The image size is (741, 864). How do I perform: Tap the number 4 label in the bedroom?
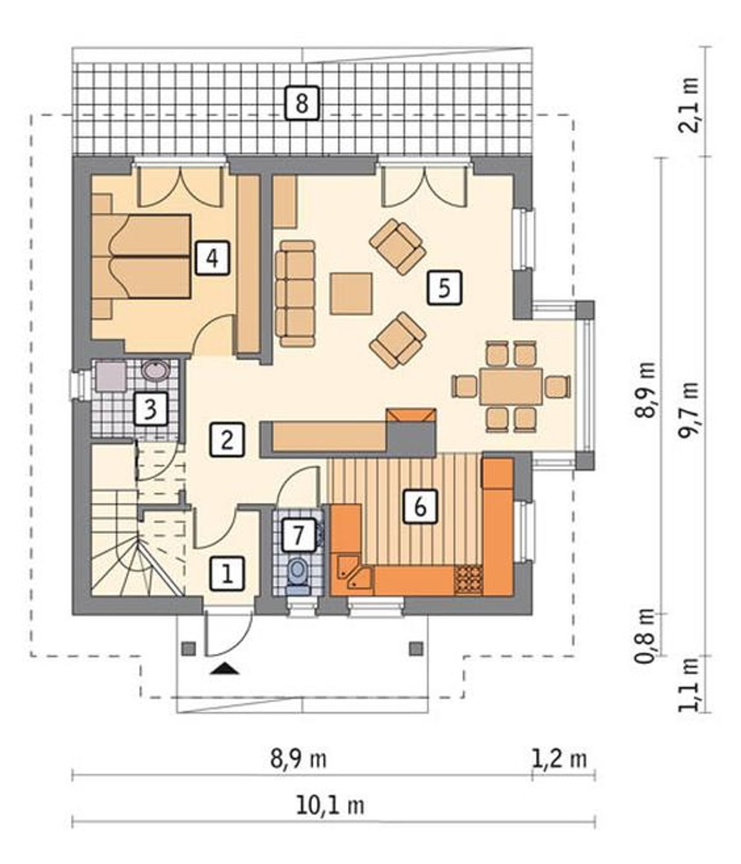[212, 258]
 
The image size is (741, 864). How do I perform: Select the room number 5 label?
[444, 287]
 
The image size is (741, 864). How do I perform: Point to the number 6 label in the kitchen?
[420, 506]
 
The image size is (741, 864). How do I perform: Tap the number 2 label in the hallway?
[226, 439]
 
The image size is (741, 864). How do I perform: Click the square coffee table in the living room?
[350, 293]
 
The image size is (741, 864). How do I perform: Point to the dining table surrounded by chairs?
[511, 386]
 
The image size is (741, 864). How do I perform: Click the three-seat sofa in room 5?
[295, 293]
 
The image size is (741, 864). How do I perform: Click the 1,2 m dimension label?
[559, 759]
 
